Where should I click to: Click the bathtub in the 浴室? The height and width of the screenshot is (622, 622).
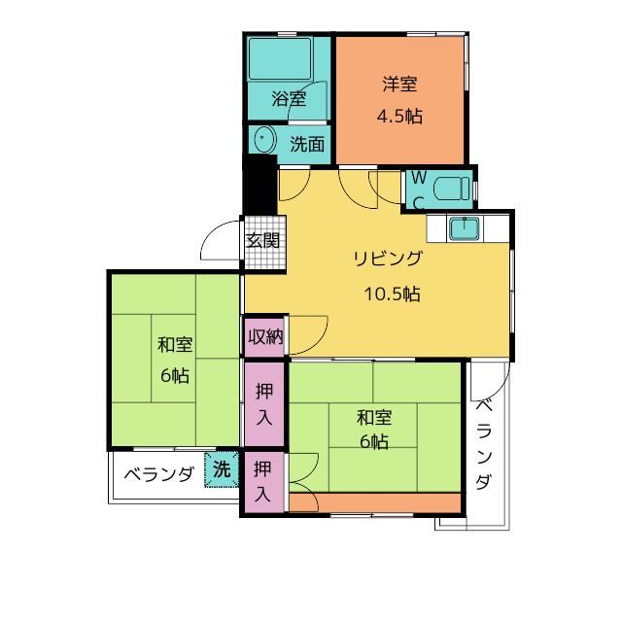(280, 59)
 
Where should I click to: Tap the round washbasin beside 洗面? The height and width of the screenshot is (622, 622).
(264, 139)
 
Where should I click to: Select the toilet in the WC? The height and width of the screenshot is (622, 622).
(452, 189)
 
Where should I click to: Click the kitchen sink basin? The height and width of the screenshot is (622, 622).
(464, 229)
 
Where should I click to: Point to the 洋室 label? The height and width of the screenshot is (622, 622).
(399, 84)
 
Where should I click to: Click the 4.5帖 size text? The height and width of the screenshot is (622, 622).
(399, 117)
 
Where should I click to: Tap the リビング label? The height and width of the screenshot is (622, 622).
(388, 259)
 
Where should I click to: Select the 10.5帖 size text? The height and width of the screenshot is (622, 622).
(392, 294)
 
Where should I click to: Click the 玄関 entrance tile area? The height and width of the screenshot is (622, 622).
(264, 242)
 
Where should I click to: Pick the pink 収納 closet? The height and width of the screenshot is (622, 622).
(264, 336)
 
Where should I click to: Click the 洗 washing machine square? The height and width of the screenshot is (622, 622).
(222, 469)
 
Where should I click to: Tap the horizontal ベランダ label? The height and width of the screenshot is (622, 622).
(159, 473)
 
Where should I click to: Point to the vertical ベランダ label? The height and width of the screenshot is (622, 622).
(484, 445)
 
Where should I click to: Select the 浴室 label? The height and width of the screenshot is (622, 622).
(289, 99)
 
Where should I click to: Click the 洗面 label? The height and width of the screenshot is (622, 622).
(307, 144)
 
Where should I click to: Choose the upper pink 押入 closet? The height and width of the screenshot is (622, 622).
(264, 404)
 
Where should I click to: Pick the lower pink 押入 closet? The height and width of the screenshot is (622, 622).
(263, 482)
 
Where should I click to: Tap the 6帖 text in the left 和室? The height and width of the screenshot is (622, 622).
(175, 375)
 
